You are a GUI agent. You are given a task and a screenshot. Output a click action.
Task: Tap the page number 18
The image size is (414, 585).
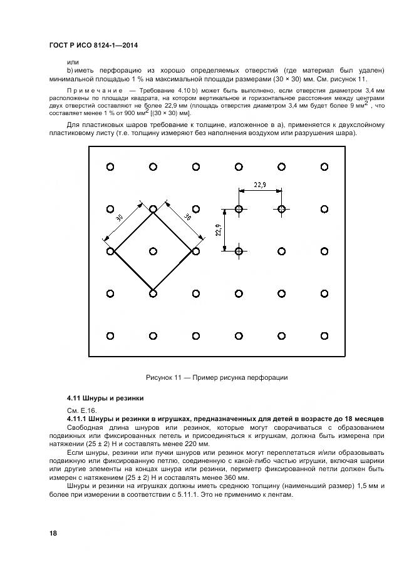54,533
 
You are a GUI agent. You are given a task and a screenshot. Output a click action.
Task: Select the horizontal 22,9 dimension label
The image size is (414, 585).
260,184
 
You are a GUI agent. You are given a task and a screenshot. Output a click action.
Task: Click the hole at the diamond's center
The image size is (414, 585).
153,251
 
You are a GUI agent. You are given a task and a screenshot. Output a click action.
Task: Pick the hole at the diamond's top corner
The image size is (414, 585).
153,208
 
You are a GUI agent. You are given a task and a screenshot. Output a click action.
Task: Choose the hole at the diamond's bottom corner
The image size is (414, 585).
153,293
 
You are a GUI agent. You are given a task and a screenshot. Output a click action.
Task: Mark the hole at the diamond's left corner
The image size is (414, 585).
110,251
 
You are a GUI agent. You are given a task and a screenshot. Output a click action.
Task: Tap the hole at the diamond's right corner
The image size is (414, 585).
195,251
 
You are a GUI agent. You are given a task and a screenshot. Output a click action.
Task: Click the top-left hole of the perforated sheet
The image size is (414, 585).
110,166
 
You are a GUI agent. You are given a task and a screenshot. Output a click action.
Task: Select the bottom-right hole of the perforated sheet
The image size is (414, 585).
324,336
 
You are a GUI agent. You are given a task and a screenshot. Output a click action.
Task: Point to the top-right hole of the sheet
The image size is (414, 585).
324,166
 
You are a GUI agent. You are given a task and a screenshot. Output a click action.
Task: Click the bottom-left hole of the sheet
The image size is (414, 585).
110,336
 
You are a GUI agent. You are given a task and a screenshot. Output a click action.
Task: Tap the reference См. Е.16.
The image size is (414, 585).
79,410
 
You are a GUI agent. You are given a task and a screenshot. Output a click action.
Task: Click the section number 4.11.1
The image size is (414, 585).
79,418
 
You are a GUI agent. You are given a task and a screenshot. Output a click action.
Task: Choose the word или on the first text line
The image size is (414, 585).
73,62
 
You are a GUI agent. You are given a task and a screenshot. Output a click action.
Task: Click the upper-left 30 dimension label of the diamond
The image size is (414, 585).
119,218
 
